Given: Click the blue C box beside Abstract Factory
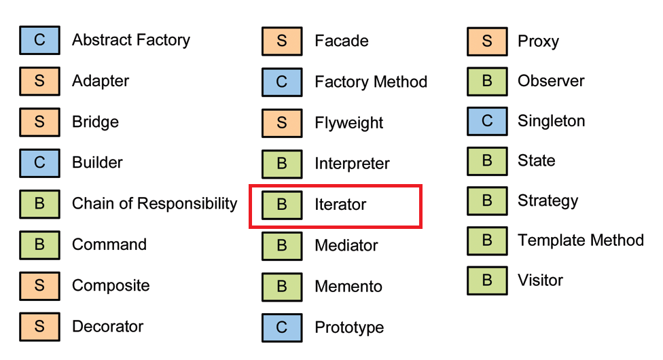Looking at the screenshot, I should (39, 40).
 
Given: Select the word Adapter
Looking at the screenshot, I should (101, 81).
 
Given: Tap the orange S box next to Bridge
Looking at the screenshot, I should (39, 122).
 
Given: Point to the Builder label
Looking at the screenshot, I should (97, 163).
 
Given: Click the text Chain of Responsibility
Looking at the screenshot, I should (154, 204).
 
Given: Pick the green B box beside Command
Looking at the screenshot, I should (39, 245).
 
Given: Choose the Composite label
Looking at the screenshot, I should (111, 285).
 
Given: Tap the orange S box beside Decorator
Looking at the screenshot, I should (39, 327).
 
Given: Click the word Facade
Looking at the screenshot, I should (341, 41).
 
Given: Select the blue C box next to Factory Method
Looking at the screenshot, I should (282, 82).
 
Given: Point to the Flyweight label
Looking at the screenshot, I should (348, 124).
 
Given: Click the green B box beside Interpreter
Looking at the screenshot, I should (282, 164).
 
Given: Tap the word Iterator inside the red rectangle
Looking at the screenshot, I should (340, 205).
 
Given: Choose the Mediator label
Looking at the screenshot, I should (346, 246).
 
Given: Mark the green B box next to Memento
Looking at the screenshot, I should (282, 287).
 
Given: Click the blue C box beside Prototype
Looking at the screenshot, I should (282, 328).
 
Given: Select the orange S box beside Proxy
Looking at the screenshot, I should (487, 41).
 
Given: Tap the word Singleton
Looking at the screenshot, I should (551, 122).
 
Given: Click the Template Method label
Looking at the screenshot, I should (580, 240).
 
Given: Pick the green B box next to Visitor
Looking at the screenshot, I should (487, 281).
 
